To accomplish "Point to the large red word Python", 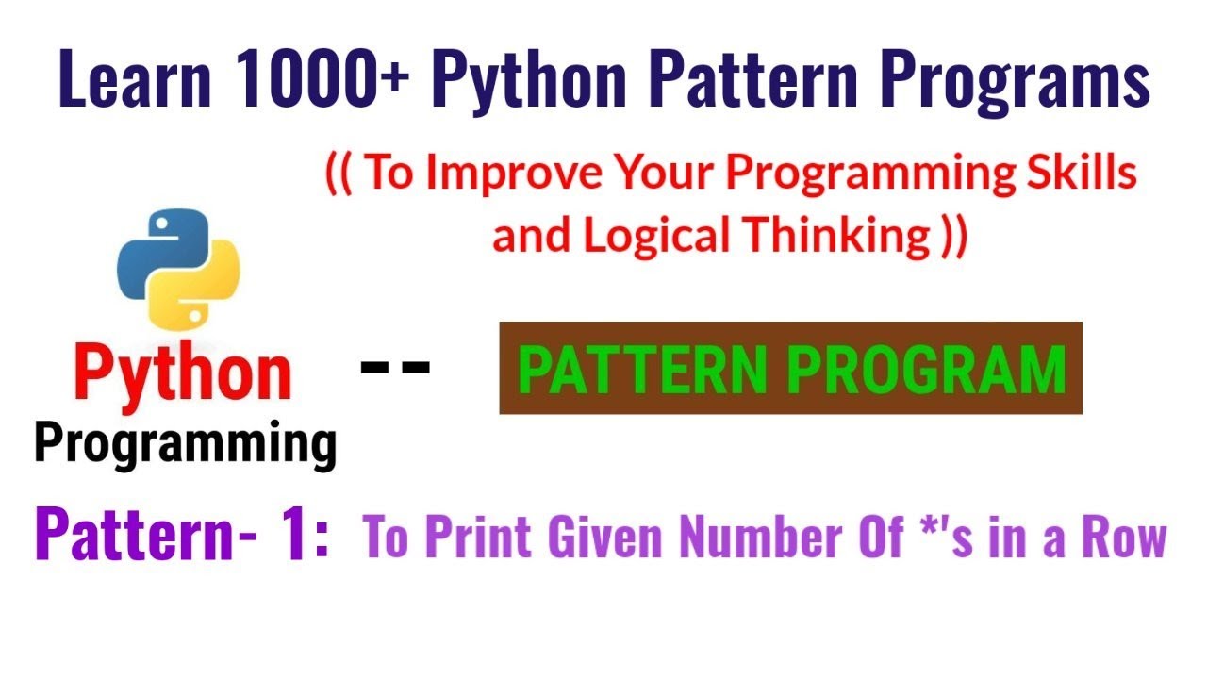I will [x=183, y=373].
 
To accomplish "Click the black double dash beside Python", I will [x=396, y=365].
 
